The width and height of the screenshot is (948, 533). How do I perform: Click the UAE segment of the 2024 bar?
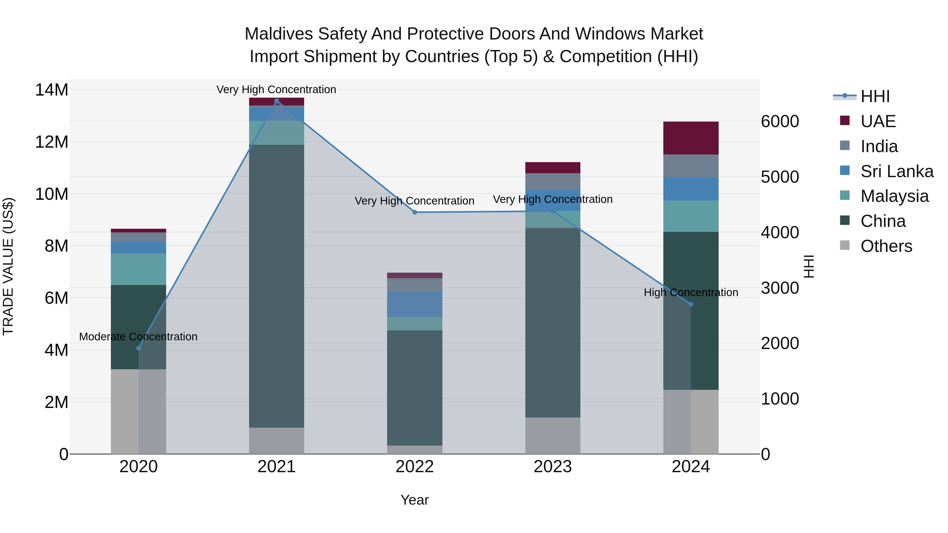pyautogui.click(x=690, y=138)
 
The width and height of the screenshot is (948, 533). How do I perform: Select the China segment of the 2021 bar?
pyautogui.click(x=276, y=286)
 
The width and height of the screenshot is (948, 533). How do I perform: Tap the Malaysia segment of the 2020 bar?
pyautogui.click(x=138, y=269)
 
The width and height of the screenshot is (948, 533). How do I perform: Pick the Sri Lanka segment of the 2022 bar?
pyautogui.click(x=414, y=304)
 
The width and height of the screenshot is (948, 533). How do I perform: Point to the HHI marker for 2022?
pyautogui.click(x=414, y=212)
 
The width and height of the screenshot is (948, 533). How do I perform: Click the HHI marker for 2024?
pyautogui.click(x=690, y=304)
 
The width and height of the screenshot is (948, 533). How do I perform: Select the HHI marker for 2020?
pyautogui.click(x=138, y=348)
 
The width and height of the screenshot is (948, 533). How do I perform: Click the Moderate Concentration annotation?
pyautogui.click(x=138, y=337)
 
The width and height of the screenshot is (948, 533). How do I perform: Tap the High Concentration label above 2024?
pyautogui.click(x=691, y=292)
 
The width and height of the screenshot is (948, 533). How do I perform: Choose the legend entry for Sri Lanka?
pyautogui.click(x=896, y=171)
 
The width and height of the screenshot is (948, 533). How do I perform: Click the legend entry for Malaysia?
pyautogui.click(x=894, y=196)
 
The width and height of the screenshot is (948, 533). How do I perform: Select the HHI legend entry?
pyautogui.click(x=875, y=96)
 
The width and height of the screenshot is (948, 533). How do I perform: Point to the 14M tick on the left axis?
pyautogui.click(x=52, y=90)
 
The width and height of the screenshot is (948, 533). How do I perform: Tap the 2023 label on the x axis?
pyautogui.click(x=552, y=467)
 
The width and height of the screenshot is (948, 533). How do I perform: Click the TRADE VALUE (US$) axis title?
pyautogui.click(x=8, y=266)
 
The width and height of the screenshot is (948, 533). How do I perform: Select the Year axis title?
pyautogui.click(x=414, y=500)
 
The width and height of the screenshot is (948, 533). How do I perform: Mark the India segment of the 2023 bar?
pyautogui.click(x=552, y=181)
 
